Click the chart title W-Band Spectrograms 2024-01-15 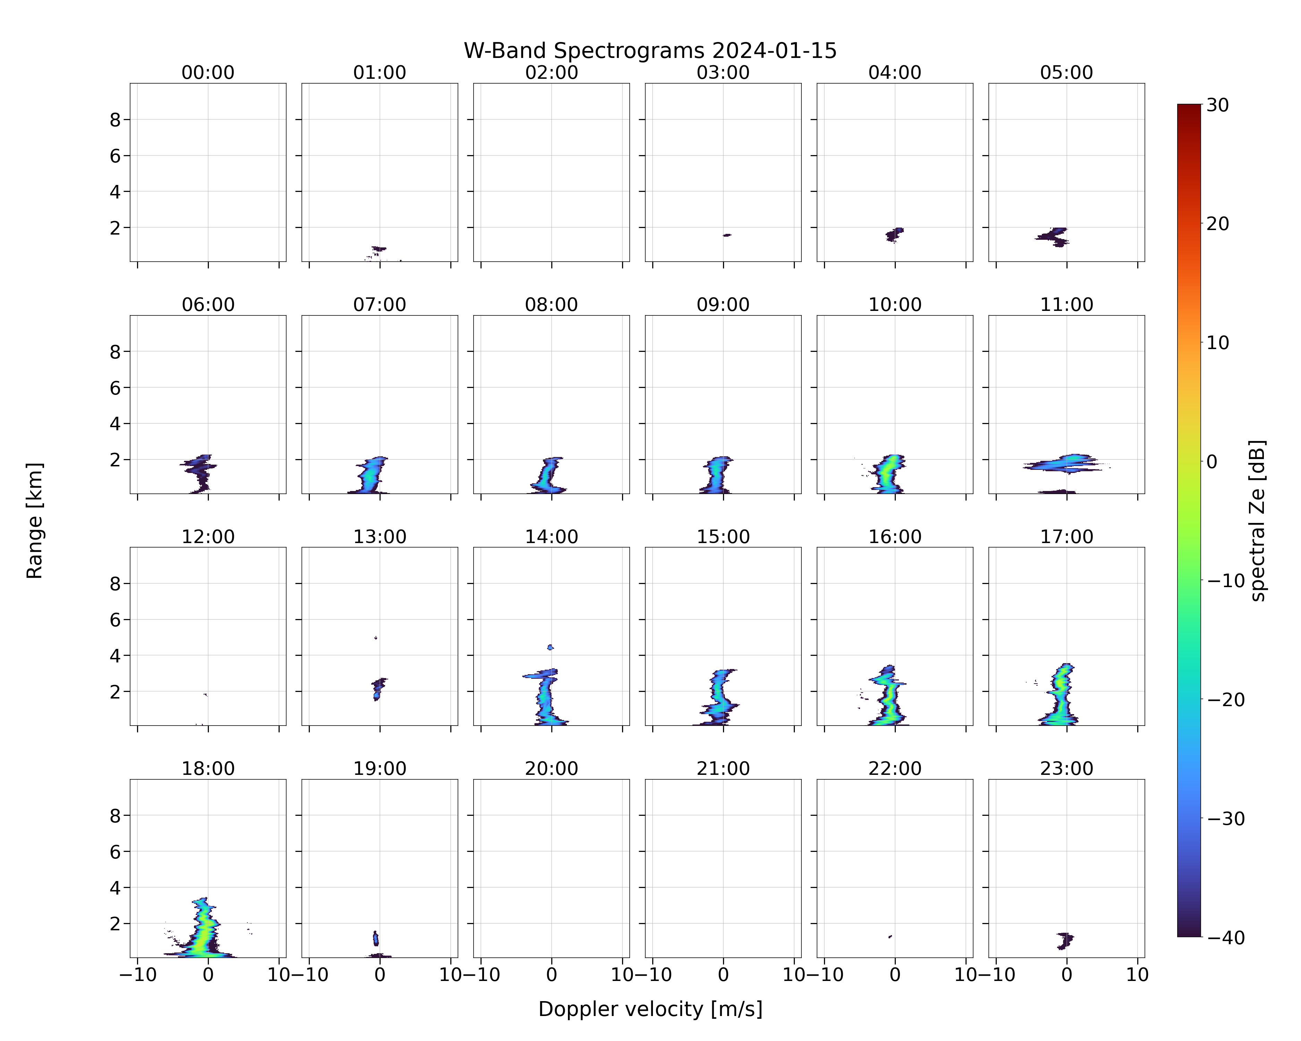pyautogui.click(x=650, y=51)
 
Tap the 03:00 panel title pyautogui.click(x=723, y=73)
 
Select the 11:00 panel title pyautogui.click(x=1066, y=305)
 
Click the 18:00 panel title pyautogui.click(x=208, y=769)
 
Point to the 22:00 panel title pyautogui.click(x=895, y=769)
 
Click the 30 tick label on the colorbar pyautogui.click(x=1218, y=105)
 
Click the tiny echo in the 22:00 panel pyautogui.click(x=890, y=937)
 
